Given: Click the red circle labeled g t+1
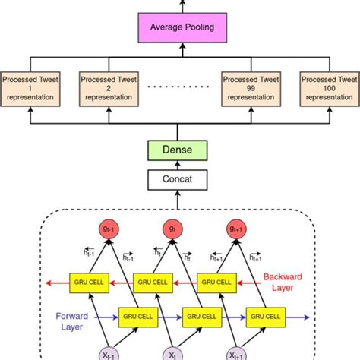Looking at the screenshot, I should coord(235,228).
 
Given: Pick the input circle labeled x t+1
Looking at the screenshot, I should coord(235,354).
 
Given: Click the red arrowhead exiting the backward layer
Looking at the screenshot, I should coord(48,281).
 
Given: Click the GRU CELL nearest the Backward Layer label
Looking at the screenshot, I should coord(216,281).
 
